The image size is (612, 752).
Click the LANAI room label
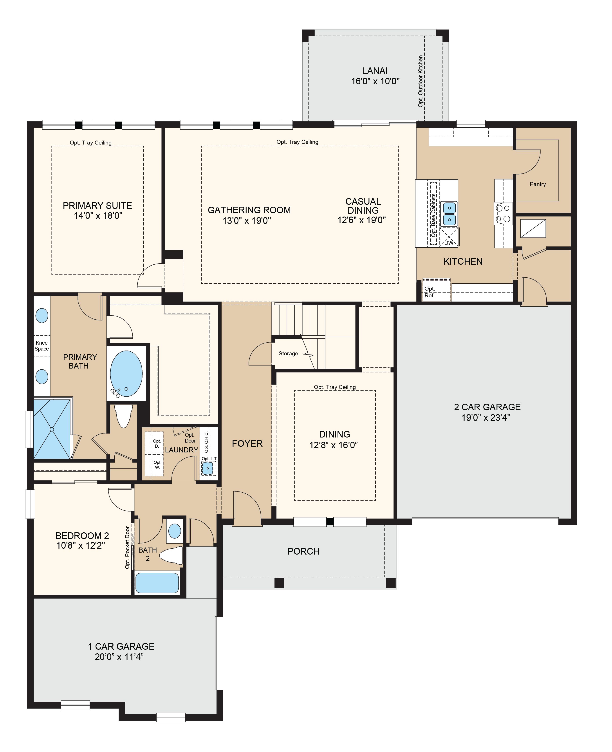pyautogui.click(x=375, y=71)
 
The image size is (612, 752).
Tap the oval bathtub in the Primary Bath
pyautogui.click(x=126, y=374)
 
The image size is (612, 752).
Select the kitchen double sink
pyautogui.click(x=449, y=214)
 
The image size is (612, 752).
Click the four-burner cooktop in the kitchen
pyautogui.click(x=503, y=213)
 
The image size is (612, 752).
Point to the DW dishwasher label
pyautogui.click(x=448, y=243)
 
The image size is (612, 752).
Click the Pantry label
pyautogui.click(x=538, y=184)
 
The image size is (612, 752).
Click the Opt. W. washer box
pyautogui.click(x=154, y=465)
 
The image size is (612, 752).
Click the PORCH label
pyautogui.click(x=303, y=551)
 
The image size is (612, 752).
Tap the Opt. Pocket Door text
pyautogui.click(x=127, y=548)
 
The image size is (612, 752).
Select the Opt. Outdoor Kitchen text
pyautogui.click(x=420, y=81)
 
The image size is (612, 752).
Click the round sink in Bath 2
pyautogui.click(x=175, y=531)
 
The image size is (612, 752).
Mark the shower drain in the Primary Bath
pyautogui.click(x=51, y=429)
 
